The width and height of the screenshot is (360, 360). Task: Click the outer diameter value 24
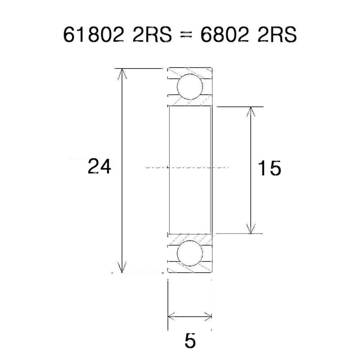[x=99, y=166]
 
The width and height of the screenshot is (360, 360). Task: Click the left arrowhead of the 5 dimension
[x=171, y=316]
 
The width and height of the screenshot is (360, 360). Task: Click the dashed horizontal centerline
[x=189, y=166]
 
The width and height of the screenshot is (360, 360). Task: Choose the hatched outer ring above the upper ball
[x=189, y=72]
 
